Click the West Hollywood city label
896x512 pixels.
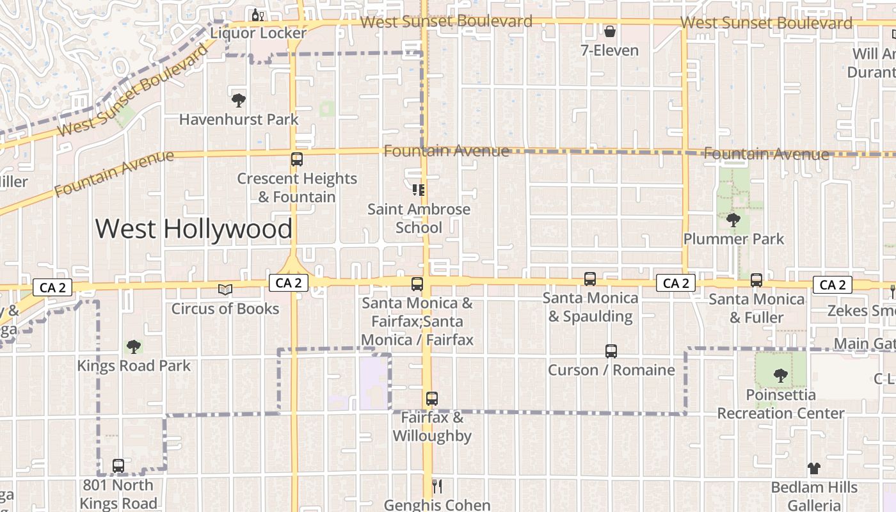coord(194,229)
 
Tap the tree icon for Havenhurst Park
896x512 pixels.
coord(239,100)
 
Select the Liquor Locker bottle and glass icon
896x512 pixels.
coord(258,14)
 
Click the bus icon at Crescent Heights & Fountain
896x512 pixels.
coord(297,159)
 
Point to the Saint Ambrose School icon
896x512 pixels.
coord(419,190)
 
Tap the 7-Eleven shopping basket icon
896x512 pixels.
coord(610,31)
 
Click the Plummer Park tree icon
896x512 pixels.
coord(733,220)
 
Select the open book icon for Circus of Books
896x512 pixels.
coord(225,290)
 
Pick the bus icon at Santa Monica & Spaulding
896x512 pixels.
coord(590,279)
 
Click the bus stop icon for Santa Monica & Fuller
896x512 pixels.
coord(756,280)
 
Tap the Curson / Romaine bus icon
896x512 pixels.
coord(611,351)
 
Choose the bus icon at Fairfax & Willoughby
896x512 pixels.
coord(432,399)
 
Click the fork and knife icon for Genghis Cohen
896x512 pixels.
coord(437,486)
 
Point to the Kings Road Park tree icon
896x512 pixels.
coord(134,347)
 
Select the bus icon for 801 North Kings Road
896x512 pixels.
coord(118,466)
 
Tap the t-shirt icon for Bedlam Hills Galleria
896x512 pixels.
coord(813,468)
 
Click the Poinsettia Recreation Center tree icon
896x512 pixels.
coord(780,376)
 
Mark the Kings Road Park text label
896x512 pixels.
coord(134,366)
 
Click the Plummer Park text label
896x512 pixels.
coord(733,239)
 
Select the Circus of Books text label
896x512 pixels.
coord(225,309)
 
